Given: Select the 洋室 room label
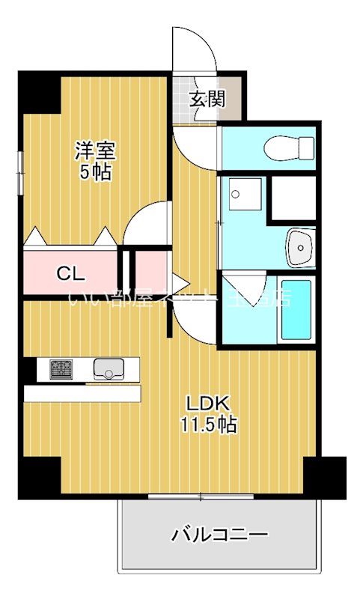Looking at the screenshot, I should [x=93, y=150].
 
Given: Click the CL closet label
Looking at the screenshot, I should [x=72, y=273].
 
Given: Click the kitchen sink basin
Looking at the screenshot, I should [x=109, y=368].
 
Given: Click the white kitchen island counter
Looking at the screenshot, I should [x=82, y=393].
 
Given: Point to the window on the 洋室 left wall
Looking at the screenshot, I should [x=19, y=173].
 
